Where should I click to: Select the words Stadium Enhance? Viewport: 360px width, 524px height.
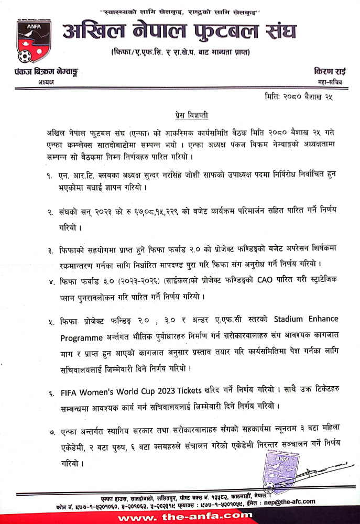[x=306, y=319]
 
